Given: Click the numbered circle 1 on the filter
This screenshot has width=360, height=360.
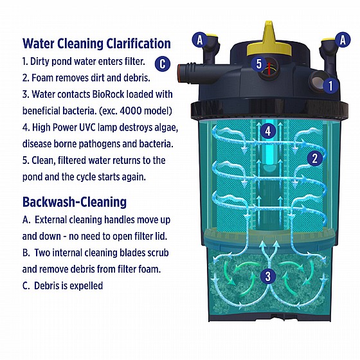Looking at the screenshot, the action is (330, 86).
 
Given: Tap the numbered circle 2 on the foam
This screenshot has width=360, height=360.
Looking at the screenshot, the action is (315, 158).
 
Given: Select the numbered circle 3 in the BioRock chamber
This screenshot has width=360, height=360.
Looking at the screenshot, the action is (268, 276).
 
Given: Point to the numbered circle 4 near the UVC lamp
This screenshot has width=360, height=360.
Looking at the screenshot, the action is (268, 131).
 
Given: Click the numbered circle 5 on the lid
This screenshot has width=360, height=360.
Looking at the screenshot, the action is (259, 64).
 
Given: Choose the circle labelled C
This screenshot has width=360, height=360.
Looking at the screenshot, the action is (163, 64).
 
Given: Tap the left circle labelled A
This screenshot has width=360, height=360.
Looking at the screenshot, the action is (200, 40).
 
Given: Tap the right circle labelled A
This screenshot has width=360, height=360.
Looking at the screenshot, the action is (343, 40).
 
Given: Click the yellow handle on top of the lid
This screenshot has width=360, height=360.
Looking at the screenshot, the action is (269, 41).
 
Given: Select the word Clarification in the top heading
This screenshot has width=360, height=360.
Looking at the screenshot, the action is (138, 44).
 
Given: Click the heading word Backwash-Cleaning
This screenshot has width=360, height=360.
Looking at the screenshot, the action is (75, 202).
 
